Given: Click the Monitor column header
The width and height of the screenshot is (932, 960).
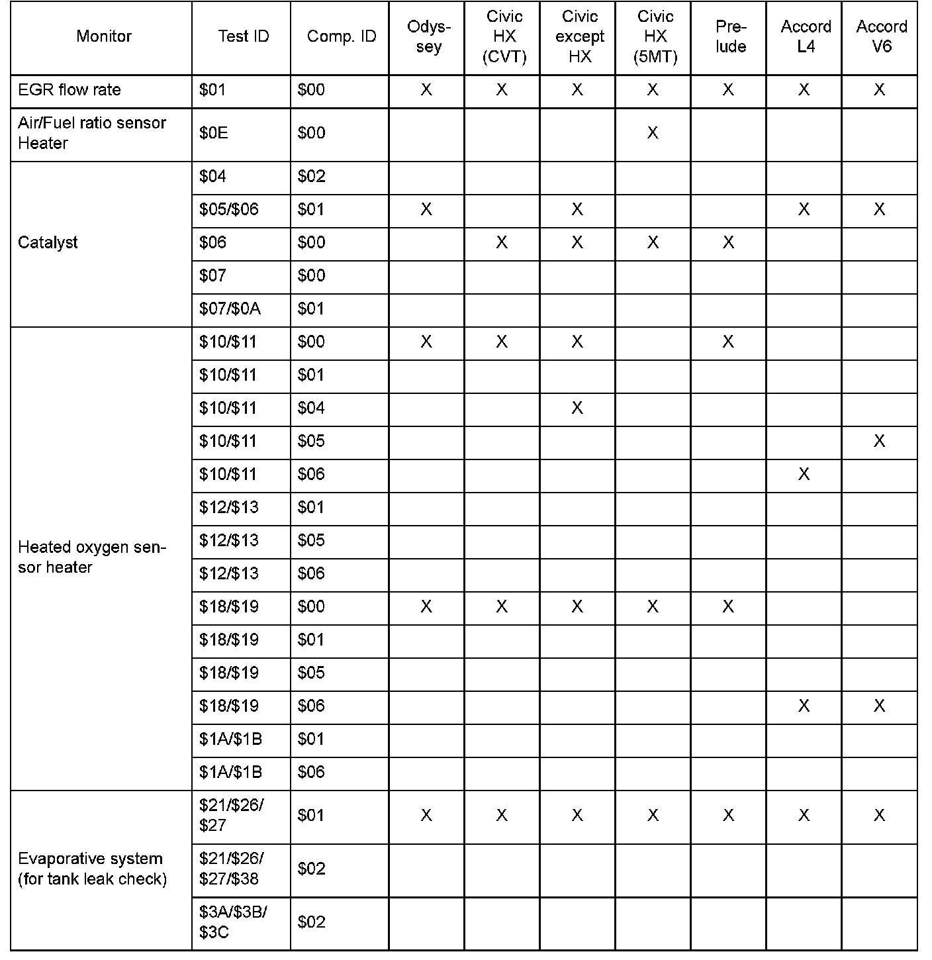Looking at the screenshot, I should pos(103,36).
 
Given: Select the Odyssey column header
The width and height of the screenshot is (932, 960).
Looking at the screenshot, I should pos(428,36).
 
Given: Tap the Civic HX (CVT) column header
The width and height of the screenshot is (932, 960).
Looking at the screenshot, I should pos(504,36).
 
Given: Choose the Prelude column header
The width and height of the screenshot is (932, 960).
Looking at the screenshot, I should pos(730,36).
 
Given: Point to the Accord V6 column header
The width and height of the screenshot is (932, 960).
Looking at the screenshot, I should pos(881,36).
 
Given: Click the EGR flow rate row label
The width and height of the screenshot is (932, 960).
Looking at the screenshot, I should pos(70,90).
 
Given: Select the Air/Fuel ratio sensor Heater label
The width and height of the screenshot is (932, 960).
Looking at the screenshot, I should pos(91,133).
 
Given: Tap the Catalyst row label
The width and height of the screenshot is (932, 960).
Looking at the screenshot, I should pos(48,242).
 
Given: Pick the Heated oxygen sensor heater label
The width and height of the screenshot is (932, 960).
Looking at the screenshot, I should pos(91,557).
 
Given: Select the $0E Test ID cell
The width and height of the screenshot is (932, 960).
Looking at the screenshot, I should pos(213,133).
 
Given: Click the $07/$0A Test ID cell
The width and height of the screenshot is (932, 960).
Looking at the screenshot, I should pos(229,309).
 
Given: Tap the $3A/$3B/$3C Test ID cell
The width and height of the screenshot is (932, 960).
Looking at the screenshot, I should pos(232,922).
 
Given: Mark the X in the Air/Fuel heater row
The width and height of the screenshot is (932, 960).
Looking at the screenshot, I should pos(653,133).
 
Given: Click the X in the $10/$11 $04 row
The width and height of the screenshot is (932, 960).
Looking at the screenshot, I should pos(577,408).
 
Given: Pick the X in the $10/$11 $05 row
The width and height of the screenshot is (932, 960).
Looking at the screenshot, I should pos(879,441).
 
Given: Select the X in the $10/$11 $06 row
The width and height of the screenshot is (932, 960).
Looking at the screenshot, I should pos(804,474).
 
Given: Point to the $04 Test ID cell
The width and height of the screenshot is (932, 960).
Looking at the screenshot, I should pos(212,176).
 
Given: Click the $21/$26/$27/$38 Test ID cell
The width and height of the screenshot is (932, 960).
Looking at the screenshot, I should pos(231,868).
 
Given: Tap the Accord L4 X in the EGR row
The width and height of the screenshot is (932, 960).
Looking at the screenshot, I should pos(804,90).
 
